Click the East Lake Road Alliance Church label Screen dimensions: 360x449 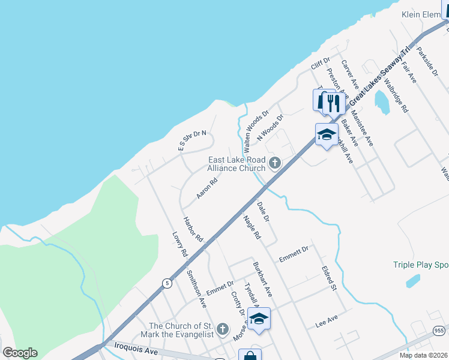[236, 164]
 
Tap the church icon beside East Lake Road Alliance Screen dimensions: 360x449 [275, 163]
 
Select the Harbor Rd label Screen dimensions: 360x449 [193, 229]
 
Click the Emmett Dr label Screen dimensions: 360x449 [293, 254]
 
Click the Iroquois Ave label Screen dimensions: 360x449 [138, 349]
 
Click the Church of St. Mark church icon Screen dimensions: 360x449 [223, 329]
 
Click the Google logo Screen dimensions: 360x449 [20, 353]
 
